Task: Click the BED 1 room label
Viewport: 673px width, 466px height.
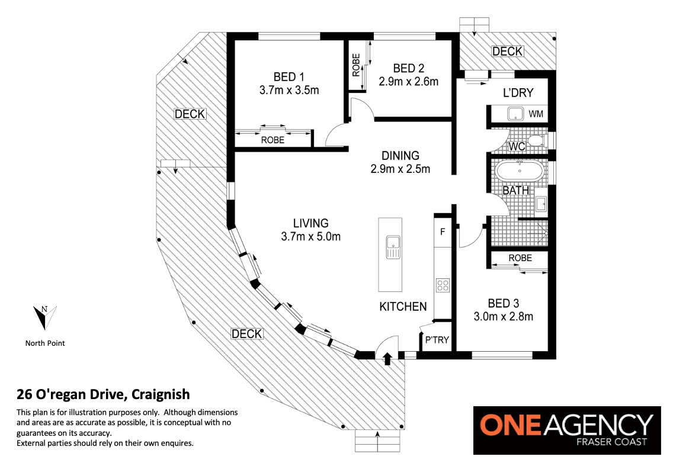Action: point(289,77)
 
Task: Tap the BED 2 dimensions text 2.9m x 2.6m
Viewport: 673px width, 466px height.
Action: point(409,82)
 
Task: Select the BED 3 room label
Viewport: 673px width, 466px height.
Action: point(504,303)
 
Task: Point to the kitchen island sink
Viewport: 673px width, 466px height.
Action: point(393,247)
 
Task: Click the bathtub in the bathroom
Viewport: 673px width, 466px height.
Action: point(520,171)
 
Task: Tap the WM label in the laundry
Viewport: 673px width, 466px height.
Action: point(536,114)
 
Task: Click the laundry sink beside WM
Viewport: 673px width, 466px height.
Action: point(515,114)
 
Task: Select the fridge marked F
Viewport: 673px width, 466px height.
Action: point(443,232)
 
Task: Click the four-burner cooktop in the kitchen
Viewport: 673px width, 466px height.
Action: point(443,285)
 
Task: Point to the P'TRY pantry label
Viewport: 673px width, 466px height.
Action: point(437,340)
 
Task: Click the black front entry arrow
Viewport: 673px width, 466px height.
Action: point(387,358)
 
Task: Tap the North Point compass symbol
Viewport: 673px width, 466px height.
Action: point(45,317)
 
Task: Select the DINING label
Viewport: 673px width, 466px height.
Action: point(400,155)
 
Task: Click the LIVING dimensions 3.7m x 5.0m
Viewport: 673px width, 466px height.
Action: point(311,236)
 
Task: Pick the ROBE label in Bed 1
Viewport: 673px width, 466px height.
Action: point(273,140)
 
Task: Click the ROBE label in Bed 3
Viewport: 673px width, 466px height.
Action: point(520,258)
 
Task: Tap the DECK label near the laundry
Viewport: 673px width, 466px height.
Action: point(507,52)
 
